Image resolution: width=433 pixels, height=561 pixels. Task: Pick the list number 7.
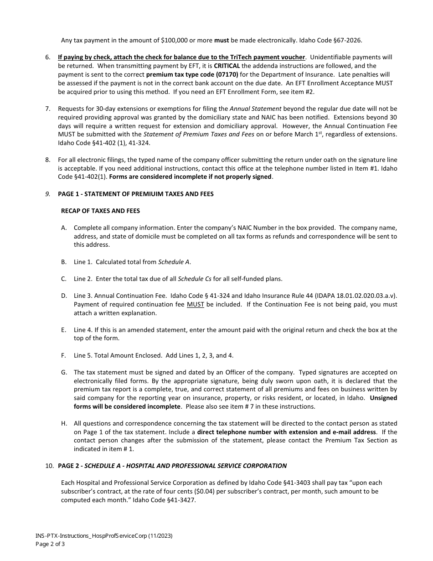pyautogui.click(x=47, y=109)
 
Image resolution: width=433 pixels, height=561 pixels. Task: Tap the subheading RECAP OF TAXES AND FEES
pyautogui.click(x=100, y=211)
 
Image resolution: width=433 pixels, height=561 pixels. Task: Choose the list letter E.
pyautogui.click(x=64, y=330)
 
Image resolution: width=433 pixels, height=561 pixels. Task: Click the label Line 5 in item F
pyautogui.click(x=82, y=355)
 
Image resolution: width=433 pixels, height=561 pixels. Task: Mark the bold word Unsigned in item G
pyautogui.click(x=383, y=398)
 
